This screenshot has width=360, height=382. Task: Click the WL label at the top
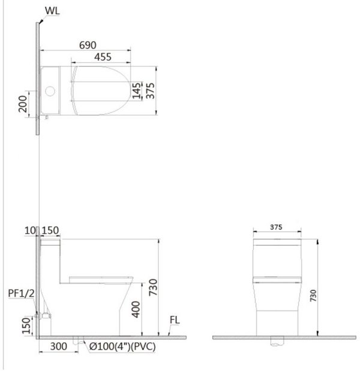coord(52,11)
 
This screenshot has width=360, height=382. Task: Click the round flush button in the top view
coord(50,92)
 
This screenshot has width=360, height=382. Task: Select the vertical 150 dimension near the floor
coord(25,324)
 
